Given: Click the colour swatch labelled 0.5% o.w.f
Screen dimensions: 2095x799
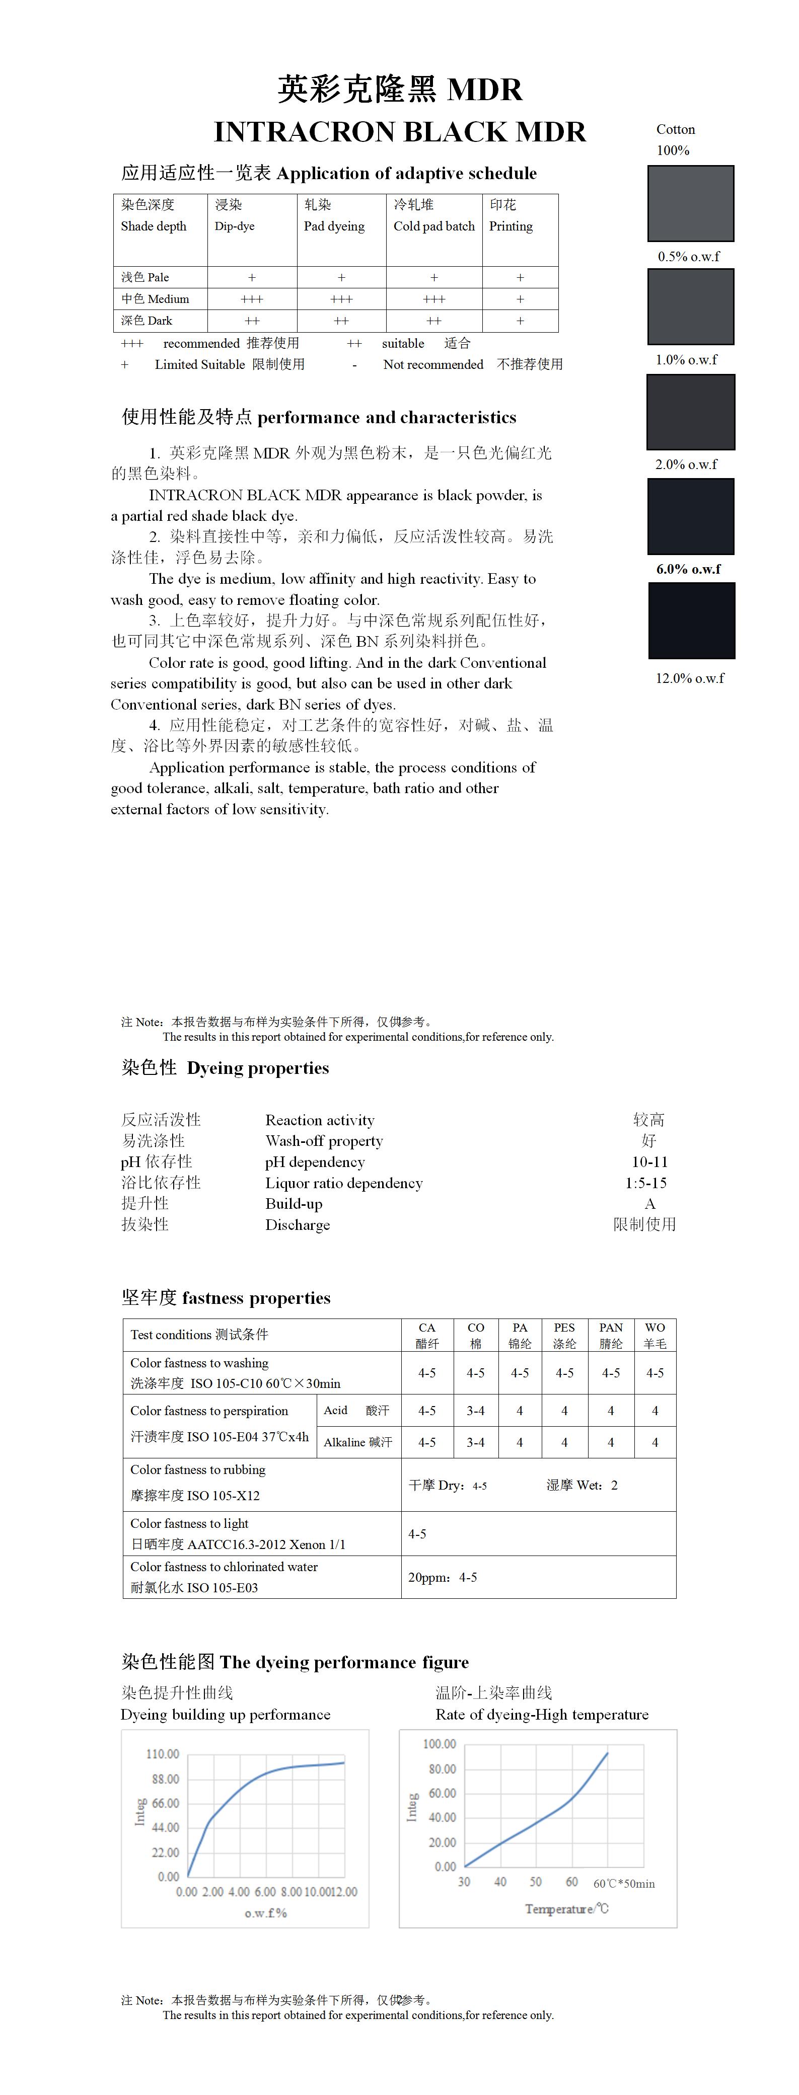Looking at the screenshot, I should point(690,203).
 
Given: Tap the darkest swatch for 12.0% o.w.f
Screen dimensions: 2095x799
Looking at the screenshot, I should point(691,620).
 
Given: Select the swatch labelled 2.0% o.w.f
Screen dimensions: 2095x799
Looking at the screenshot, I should point(690,412).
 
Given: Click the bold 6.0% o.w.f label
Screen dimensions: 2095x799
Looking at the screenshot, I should point(688,569).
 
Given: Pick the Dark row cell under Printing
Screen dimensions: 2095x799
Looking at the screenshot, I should point(520,321).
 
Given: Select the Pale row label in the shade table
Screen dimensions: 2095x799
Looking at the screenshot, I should point(146,277).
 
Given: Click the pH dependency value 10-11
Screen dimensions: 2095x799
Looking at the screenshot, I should point(649,1162).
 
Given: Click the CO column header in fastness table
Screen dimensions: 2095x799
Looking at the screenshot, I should point(476,1335).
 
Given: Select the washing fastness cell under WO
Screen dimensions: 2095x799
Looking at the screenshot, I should point(655,1373).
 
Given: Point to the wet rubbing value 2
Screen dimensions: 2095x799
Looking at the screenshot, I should point(614,1485).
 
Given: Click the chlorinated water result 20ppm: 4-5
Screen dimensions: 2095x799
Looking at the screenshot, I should point(443,1577).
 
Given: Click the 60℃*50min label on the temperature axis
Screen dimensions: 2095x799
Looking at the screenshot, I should point(624,1884).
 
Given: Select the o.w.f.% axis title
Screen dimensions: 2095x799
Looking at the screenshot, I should point(265,1913).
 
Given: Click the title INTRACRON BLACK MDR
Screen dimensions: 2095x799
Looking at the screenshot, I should point(400,132).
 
